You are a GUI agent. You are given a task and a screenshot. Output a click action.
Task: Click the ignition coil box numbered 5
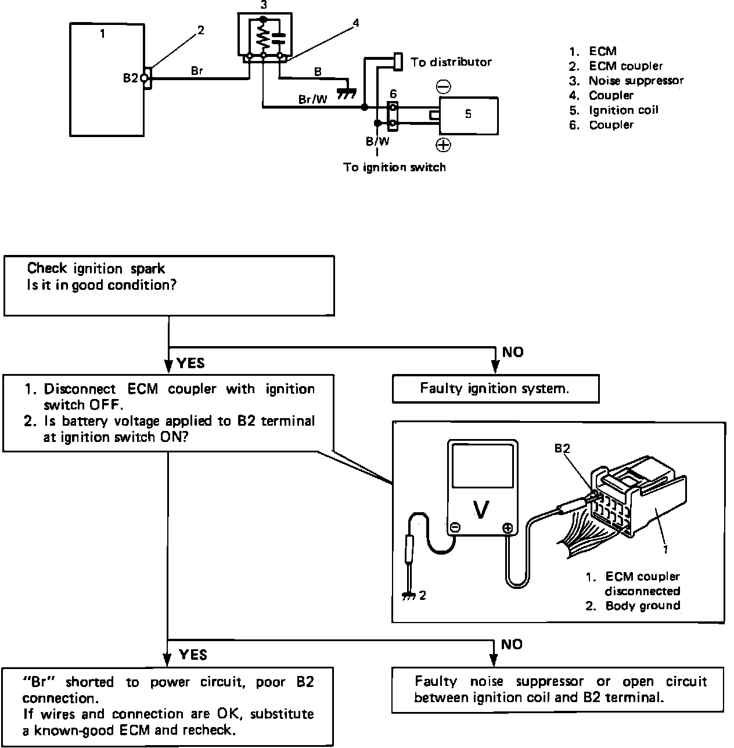pyautogui.click(x=469, y=116)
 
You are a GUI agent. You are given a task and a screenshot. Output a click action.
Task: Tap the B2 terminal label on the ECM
pyautogui.click(x=131, y=78)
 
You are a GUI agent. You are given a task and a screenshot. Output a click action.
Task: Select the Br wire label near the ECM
pyautogui.click(x=197, y=71)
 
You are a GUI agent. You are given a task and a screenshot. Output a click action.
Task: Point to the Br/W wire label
pyautogui.click(x=312, y=99)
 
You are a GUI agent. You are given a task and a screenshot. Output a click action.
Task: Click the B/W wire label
pyautogui.click(x=377, y=141)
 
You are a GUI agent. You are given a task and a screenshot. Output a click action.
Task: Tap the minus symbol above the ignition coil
pyautogui.click(x=444, y=86)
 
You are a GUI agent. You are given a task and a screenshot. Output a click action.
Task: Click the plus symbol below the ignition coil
pyautogui.click(x=443, y=145)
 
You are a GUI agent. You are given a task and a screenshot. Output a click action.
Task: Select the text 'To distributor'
pyautogui.click(x=451, y=62)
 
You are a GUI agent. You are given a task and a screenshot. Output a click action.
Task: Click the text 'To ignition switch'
pyautogui.click(x=394, y=167)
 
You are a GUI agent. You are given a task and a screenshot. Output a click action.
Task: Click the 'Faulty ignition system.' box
pyautogui.click(x=496, y=389)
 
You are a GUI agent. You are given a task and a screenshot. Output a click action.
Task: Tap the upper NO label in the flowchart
pyautogui.click(x=513, y=352)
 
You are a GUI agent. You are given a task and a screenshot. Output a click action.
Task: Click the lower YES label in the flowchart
pyautogui.click(x=193, y=655)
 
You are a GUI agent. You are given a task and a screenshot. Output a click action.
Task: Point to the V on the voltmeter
pyautogui.click(x=482, y=510)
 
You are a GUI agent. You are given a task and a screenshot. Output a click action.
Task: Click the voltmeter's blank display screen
pyautogui.click(x=483, y=466)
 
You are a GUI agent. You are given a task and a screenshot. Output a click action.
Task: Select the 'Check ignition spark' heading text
pyautogui.click(x=96, y=268)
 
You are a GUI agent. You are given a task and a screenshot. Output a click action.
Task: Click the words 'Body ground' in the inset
pyautogui.click(x=643, y=606)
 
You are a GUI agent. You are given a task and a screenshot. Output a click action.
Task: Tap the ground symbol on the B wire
pyautogui.click(x=347, y=93)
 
